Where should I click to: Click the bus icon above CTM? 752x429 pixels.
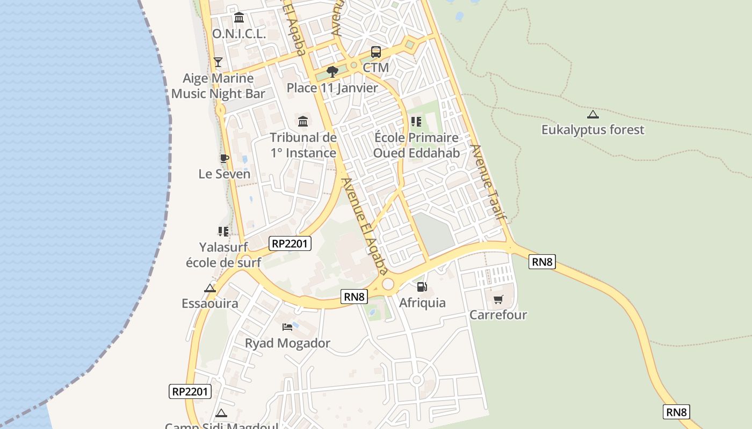[x=376, y=52]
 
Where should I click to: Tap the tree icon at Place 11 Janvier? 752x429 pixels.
[x=332, y=71]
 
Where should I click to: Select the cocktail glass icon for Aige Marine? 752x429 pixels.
[x=218, y=62]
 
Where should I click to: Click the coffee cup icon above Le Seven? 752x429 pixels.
[x=224, y=158]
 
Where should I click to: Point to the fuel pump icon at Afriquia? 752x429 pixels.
[x=422, y=287]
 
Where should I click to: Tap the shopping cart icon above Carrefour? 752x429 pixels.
[x=498, y=299]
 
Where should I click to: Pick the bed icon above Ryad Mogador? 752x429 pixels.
[x=287, y=327]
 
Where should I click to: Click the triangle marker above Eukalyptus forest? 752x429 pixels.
[x=592, y=114]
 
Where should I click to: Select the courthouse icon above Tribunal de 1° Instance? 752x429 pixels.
[x=303, y=122]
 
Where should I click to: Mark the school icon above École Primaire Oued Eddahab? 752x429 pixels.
[x=416, y=122]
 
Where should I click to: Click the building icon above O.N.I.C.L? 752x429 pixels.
[x=239, y=18]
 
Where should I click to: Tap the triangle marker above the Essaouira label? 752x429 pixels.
[x=209, y=288]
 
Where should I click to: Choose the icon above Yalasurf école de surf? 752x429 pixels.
[x=223, y=232]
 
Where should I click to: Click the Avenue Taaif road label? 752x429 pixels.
[x=488, y=182]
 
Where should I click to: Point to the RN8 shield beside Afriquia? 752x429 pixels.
[x=354, y=297]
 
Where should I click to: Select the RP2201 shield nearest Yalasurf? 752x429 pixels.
[x=291, y=243]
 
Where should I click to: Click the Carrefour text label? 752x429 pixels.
[x=498, y=315]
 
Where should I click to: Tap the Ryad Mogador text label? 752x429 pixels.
[x=287, y=343]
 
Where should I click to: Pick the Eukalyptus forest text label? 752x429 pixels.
[x=592, y=130]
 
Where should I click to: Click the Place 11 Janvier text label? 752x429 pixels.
[x=332, y=88]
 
